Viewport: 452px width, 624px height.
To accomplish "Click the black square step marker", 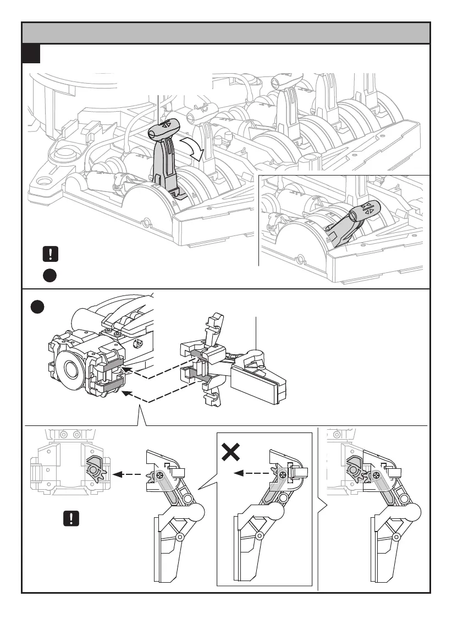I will pyautogui.click(x=31, y=54).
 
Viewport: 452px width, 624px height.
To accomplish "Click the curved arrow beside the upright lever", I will pyautogui.click(x=195, y=149).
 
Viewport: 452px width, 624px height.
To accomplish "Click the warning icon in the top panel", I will pyautogui.click(x=49, y=254).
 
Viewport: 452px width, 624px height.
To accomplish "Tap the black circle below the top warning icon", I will pyautogui.click(x=49, y=275).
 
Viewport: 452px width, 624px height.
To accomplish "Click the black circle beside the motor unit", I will pyautogui.click(x=38, y=306).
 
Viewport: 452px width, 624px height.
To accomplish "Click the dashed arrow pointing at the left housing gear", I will pyautogui.click(x=124, y=473).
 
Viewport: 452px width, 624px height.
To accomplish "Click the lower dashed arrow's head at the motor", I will pyautogui.click(x=124, y=393).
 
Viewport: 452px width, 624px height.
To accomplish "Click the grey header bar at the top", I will pyautogui.click(x=225, y=33).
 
